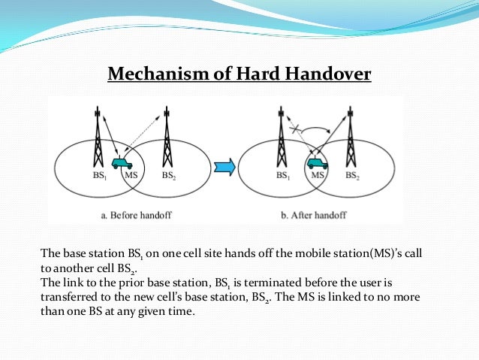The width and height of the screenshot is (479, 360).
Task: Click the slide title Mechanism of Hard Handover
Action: (x=239, y=74)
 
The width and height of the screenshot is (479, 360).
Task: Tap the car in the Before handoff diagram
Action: (x=121, y=162)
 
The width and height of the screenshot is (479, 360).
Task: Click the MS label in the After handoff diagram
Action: (x=318, y=177)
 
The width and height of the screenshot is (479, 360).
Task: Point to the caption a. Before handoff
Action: (x=135, y=215)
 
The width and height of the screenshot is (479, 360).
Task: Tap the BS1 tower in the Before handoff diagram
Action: (x=98, y=139)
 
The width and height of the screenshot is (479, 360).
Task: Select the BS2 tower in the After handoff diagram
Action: (x=349, y=139)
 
